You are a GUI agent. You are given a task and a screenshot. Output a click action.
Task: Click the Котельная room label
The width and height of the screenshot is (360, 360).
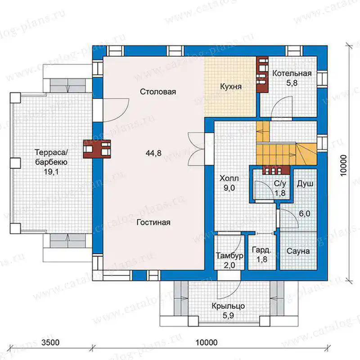[x=292, y=73]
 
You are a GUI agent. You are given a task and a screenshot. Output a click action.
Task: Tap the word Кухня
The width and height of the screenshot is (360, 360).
[x=231, y=86]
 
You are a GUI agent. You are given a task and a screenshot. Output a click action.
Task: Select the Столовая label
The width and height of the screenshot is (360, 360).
[x=158, y=92]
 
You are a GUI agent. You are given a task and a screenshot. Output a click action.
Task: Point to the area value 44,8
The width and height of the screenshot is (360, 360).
[x=153, y=153]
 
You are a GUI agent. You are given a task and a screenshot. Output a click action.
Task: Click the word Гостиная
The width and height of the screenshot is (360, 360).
[x=153, y=222]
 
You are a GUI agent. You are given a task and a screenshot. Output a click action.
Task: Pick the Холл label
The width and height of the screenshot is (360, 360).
[x=229, y=178]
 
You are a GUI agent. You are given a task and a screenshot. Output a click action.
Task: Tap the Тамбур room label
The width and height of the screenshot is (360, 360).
[x=229, y=256]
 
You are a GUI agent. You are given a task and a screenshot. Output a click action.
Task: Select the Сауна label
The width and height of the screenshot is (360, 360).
[x=298, y=251]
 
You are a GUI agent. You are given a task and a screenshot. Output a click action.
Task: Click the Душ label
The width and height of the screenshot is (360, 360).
[x=305, y=184]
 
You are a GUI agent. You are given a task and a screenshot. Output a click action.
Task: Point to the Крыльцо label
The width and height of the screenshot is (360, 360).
[x=228, y=306]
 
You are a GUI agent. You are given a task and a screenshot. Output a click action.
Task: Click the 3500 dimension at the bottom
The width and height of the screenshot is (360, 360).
[x=50, y=342]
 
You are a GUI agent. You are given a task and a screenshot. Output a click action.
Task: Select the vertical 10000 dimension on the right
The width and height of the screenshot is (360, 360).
[x=343, y=166]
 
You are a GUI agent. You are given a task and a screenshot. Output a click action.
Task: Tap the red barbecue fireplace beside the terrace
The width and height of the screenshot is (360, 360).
[x=97, y=149]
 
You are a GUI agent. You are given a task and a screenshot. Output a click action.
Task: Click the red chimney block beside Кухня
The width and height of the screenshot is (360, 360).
[x=262, y=74]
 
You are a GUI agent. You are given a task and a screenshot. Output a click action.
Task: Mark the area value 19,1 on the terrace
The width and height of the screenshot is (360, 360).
[x=51, y=172]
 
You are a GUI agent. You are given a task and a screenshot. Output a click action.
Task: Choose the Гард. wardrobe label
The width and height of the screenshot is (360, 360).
[x=261, y=250]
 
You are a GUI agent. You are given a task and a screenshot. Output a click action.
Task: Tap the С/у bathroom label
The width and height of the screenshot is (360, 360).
[x=280, y=184]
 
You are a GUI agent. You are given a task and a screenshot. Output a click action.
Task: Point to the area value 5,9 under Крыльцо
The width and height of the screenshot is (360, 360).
[x=228, y=316]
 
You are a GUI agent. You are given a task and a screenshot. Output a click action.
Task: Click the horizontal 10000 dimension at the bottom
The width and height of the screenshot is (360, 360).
[x=207, y=342]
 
